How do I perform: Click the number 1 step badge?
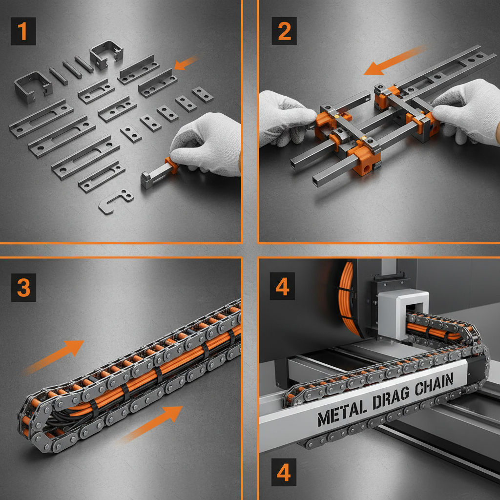(x=23, y=32)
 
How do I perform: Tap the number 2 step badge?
(x=284, y=31)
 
